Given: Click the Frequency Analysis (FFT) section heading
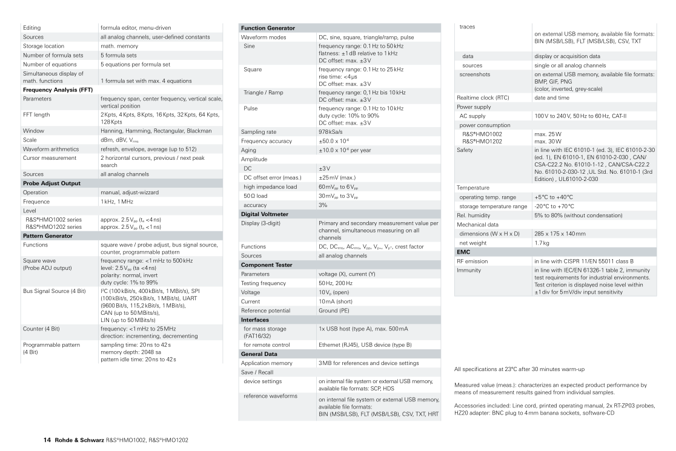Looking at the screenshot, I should point(57,90).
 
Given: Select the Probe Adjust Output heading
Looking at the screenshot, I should point(52,183).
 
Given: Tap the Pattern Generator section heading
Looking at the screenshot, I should point(48,235).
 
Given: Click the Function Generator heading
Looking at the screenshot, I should point(268,28).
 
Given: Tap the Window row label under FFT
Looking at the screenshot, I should point(35,130).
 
